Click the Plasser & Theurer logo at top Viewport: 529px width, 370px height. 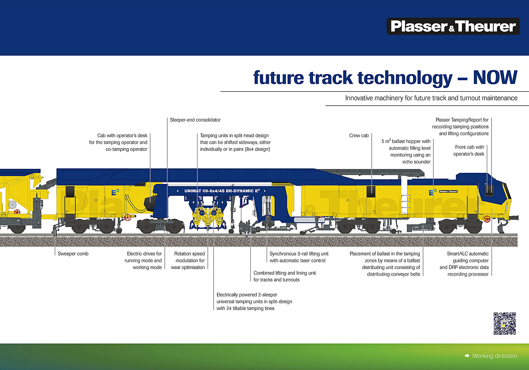pyautogui.click(x=453, y=26)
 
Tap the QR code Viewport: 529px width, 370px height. pyautogui.click(x=504, y=324)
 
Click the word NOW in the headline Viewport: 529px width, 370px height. pyautogui.click(x=495, y=78)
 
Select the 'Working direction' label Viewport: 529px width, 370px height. pyautogui.click(x=494, y=356)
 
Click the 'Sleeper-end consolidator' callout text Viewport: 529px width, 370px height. pyautogui.click(x=195, y=120)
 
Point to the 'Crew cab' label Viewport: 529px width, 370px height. pyautogui.click(x=359, y=135)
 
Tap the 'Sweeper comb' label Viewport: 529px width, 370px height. pyautogui.click(x=73, y=254)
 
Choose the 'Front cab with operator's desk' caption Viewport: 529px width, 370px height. pyautogui.click(x=469, y=150)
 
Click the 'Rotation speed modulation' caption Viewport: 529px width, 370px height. pyautogui.click(x=190, y=260)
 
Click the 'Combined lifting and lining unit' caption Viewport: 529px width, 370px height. pyautogui.click(x=284, y=276)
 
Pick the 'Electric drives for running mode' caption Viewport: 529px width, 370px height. pyautogui.click(x=144, y=260)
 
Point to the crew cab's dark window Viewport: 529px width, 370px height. pyautogui.click(x=371, y=191)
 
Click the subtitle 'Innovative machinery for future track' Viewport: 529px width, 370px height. pyautogui.click(x=431, y=98)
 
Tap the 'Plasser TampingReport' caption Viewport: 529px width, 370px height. pyautogui.click(x=462, y=126)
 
